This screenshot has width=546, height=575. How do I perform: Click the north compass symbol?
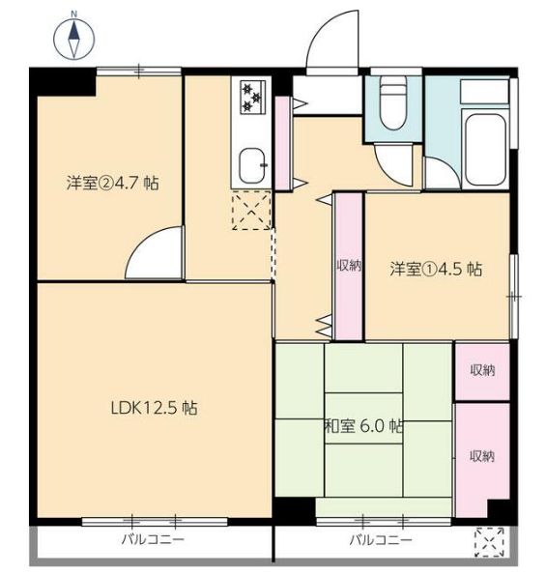(74, 39)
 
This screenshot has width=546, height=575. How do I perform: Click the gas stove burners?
(252, 97)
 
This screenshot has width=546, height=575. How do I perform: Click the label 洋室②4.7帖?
(112, 183)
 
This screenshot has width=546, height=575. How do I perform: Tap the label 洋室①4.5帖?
(436, 270)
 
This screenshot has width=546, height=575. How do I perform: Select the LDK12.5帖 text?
(154, 408)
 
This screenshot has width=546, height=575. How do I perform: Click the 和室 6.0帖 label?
(363, 426)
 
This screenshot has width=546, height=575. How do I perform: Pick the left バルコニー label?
(153, 539)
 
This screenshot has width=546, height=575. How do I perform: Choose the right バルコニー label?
(381, 540)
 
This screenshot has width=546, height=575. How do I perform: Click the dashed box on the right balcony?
(490, 542)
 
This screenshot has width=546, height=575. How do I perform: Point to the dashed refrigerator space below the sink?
(251, 211)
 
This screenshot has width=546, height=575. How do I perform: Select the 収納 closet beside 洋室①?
(349, 266)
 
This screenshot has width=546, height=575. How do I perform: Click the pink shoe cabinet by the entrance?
(283, 143)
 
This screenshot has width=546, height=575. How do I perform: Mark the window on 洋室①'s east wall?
(514, 296)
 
